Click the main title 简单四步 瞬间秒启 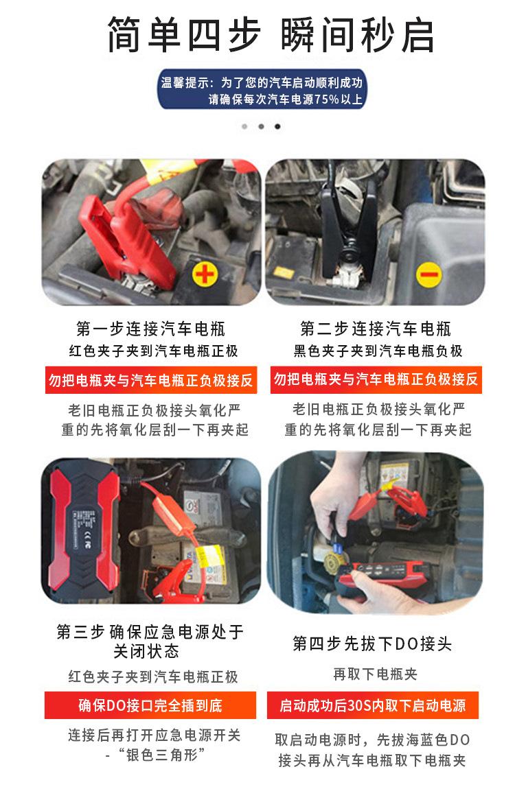point(271,35)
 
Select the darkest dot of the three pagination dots point(277,127)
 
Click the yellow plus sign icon point(204,276)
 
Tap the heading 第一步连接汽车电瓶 point(150,328)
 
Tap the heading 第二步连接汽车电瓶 point(375,328)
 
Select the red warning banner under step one point(150,379)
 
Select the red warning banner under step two point(375,379)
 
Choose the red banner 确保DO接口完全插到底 point(150,705)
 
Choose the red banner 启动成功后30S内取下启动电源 point(372,705)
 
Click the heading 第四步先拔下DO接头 point(372,644)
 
